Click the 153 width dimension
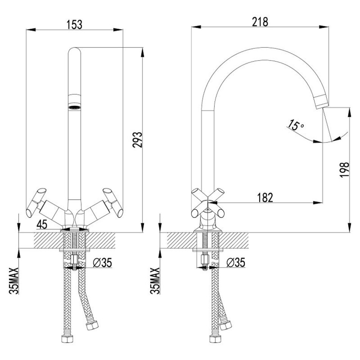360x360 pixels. click(74, 25)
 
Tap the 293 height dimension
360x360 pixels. click(138, 139)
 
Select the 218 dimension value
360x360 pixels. click(260, 22)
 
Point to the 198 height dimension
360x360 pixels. click(344, 170)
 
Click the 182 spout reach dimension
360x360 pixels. click(265, 198)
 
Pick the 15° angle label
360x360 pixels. click(296, 125)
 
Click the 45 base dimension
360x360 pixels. click(42, 224)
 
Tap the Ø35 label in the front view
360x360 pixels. click(102, 263)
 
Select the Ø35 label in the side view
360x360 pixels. click(236, 263)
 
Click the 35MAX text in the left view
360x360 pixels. click(14, 280)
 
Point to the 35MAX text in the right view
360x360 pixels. click(155, 280)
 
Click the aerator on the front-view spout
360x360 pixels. click(75, 101)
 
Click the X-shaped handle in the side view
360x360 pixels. click(208, 203)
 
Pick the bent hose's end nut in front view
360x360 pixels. click(92, 326)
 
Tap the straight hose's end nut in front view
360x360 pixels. click(67, 339)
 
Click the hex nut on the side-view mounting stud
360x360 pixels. click(205, 260)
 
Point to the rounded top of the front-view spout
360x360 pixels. click(75, 51)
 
